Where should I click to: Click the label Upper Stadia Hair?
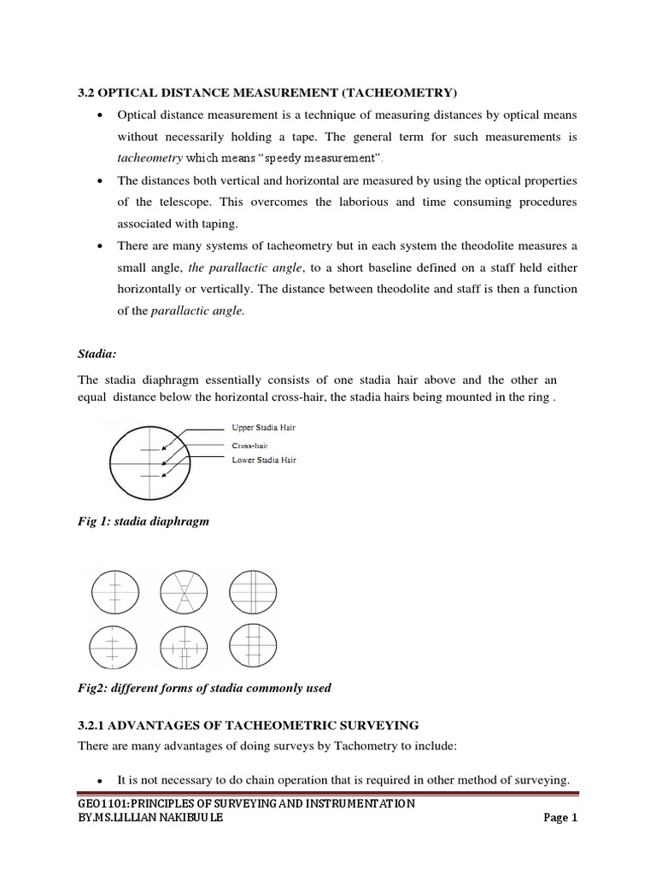tap(264, 426)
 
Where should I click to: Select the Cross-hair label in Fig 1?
tap(250, 444)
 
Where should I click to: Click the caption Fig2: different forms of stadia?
tap(204, 688)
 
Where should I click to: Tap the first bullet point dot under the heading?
tap(102, 115)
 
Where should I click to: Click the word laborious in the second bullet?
tap(404, 203)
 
